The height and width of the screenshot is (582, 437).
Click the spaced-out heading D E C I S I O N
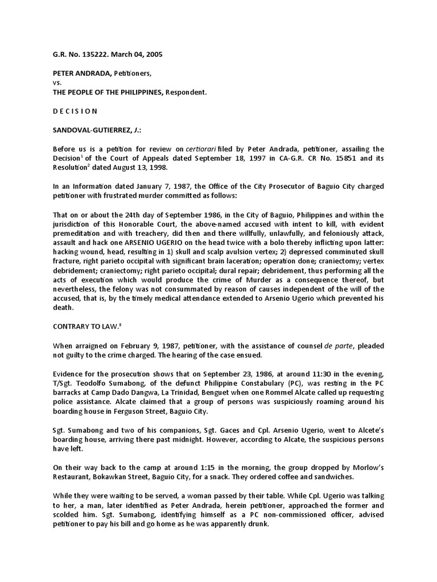tap(75, 111)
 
